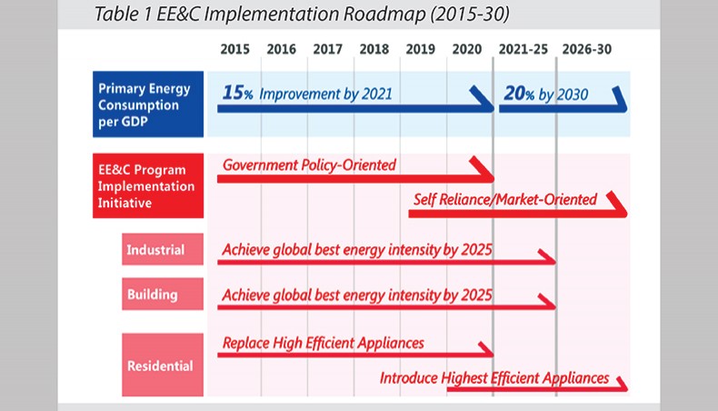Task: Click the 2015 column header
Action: (x=234, y=49)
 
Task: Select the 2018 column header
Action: (x=374, y=49)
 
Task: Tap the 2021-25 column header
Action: (x=523, y=49)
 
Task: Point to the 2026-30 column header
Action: (x=586, y=49)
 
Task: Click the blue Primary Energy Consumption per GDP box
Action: (x=148, y=104)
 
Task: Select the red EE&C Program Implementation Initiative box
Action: (x=148, y=185)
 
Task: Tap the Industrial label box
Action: (x=163, y=249)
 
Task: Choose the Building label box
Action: (x=163, y=294)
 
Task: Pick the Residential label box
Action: (x=163, y=365)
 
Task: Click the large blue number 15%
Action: (x=237, y=93)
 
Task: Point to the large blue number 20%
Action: (x=519, y=94)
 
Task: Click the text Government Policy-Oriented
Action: (x=309, y=165)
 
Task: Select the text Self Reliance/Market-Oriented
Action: (x=505, y=200)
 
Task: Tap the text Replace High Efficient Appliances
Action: (x=324, y=343)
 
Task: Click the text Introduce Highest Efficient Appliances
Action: (x=494, y=378)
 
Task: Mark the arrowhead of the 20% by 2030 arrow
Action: (x=620, y=98)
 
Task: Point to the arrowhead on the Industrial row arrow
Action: (x=547, y=256)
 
